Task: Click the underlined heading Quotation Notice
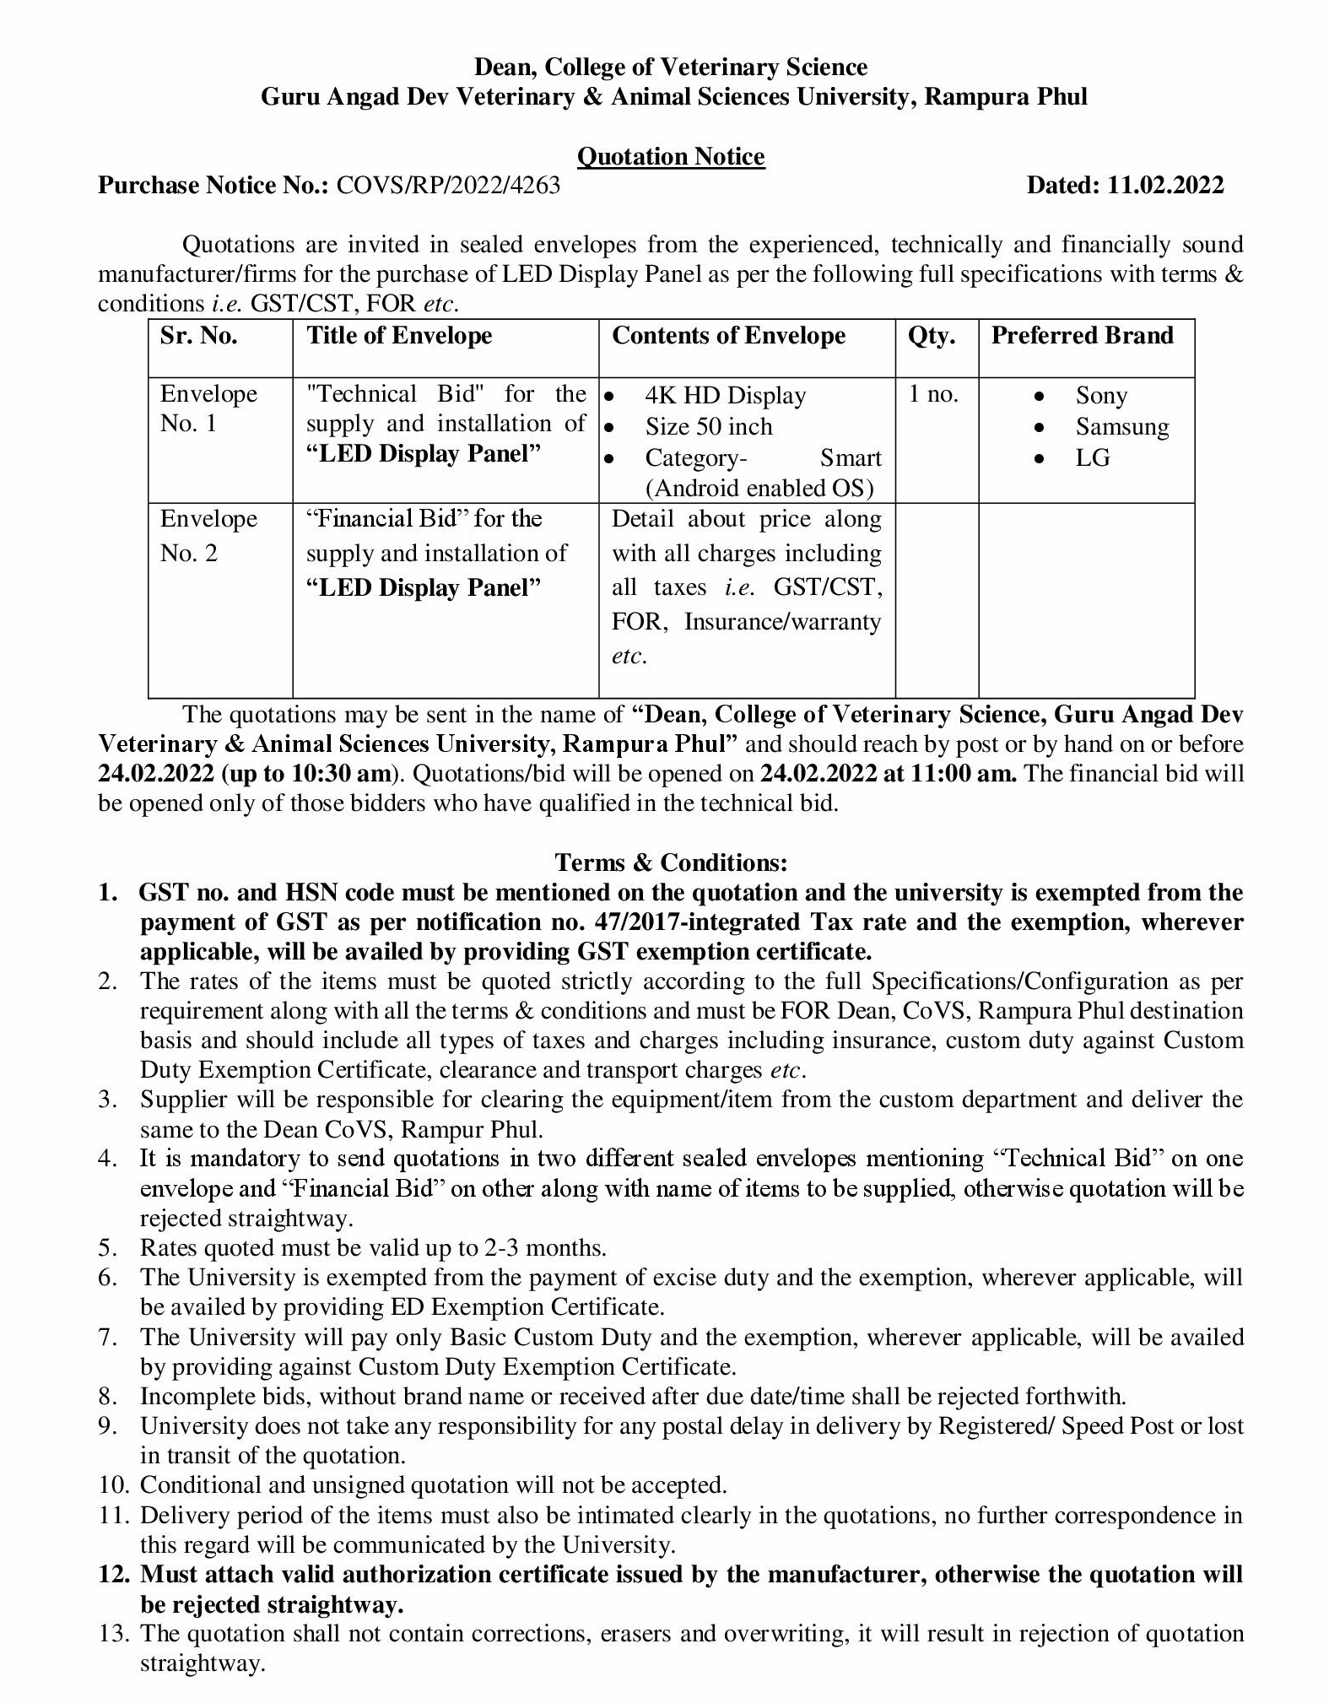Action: [671, 157]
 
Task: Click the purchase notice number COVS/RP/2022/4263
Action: [448, 186]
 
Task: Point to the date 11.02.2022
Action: [1164, 186]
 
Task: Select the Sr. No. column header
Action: [199, 336]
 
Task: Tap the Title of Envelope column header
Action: [399, 336]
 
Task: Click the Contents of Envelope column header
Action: [728, 336]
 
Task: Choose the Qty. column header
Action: [932, 336]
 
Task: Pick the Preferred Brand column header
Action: [1082, 336]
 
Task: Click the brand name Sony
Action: [1101, 396]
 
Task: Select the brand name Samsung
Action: [1122, 427]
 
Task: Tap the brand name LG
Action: [1093, 458]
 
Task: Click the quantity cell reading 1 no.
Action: [933, 395]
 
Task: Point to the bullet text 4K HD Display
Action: [726, 396]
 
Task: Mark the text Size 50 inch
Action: [709, 427]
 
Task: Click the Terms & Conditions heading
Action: [671, 862]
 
